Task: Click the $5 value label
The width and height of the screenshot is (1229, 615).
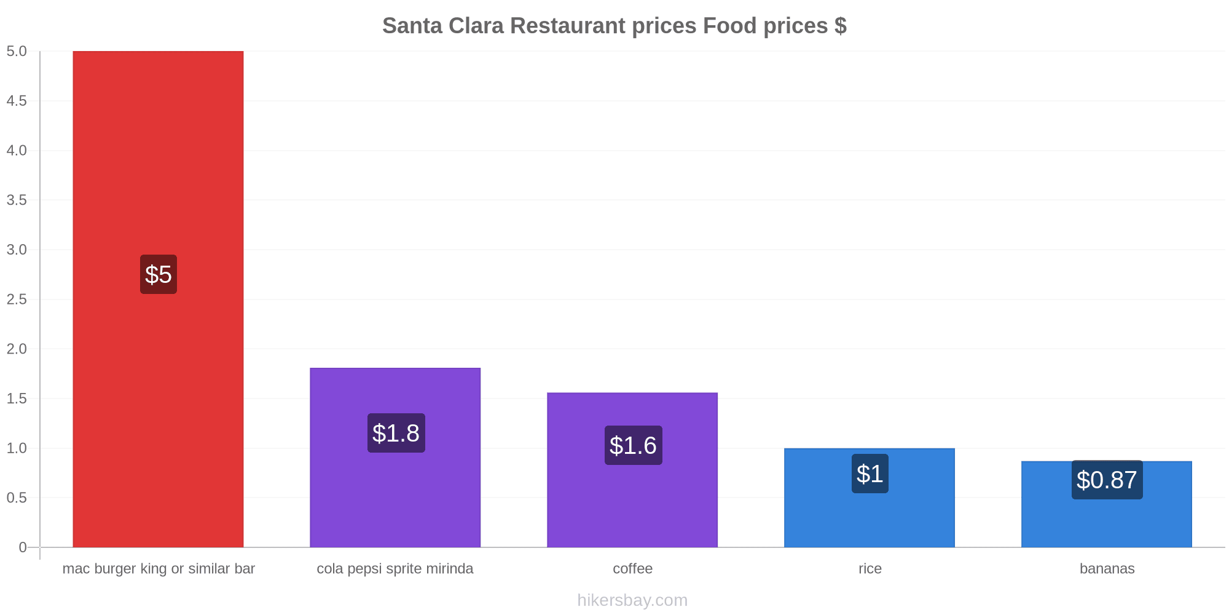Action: [x=159, y=274]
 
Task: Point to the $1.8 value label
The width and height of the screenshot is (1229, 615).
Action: [x=396, y=433]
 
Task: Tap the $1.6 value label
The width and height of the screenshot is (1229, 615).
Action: [x=634, y=445]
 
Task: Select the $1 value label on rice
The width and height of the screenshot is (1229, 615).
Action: [x=870, y=474]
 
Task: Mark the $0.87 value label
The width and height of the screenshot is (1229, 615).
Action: [x=1107, y=480]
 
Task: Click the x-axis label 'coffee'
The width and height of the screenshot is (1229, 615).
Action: [x=633, y=568]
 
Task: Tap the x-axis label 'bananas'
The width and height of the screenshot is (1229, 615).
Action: [x=1107, y=568]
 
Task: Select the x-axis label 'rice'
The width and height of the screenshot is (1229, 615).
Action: [x=870, y=568]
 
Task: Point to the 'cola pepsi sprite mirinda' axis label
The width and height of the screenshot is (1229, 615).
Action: [x=395, y=568]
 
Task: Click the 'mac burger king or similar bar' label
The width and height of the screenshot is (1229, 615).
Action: [x=159, y=568]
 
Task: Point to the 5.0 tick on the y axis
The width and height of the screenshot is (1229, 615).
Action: [x=17, y=51]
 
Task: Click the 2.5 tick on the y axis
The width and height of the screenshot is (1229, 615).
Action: [x=17, y=300]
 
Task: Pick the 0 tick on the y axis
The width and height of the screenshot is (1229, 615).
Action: [x=23, y=547]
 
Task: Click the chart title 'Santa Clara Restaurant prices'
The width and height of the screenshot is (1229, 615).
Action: [x=540, y=26]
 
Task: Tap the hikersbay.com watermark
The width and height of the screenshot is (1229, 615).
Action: [x=632, y=600]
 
